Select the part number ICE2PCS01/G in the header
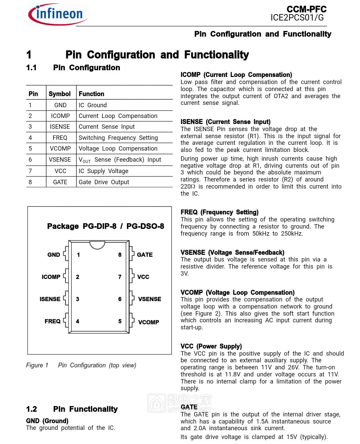coord(297,18)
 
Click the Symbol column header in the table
coord(59,94)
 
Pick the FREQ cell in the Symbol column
coord(60,138)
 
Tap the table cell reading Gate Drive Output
coord(104,182)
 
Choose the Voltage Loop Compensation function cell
coord(118,149)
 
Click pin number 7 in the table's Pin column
coord(30,171)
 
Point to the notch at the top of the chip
coord(97,245)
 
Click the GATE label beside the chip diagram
coord(145,255)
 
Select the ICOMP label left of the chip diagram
coord(51,277)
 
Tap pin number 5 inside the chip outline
coord(120,321)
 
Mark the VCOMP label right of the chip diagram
coord(149,322)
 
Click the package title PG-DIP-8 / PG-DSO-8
coord(105,226)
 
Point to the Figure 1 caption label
coord(37,365)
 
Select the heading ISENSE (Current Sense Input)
coord(225,122)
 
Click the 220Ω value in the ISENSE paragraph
coord(188,187)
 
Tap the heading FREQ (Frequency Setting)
coord(219,212)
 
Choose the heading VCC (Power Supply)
coord(211,346)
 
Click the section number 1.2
coord(32,409)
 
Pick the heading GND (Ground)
coord(47,421)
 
